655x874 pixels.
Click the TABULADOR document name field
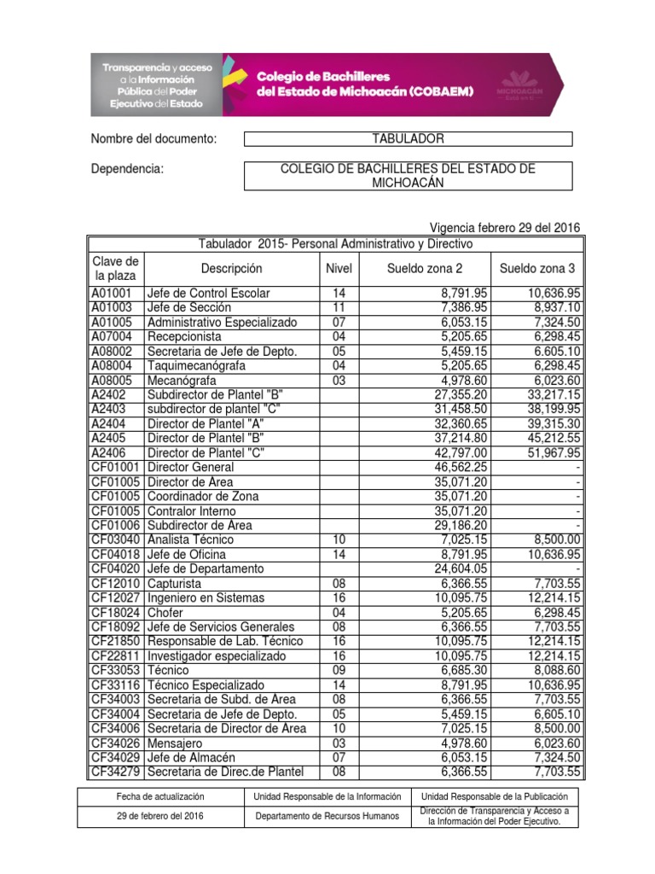tap(408, 139)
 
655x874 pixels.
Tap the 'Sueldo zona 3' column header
tap(540, 269)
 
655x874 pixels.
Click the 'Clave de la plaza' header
tap(115, 269)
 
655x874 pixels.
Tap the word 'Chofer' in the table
tap(166, 613)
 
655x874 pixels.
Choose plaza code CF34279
tap(116, 772)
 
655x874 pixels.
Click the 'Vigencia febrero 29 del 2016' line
tap(507, 228)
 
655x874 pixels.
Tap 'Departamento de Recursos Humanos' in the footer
tap(327, 816)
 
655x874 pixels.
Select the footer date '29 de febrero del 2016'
tap(159, 816)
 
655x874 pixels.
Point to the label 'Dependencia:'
tap(126, 169)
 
